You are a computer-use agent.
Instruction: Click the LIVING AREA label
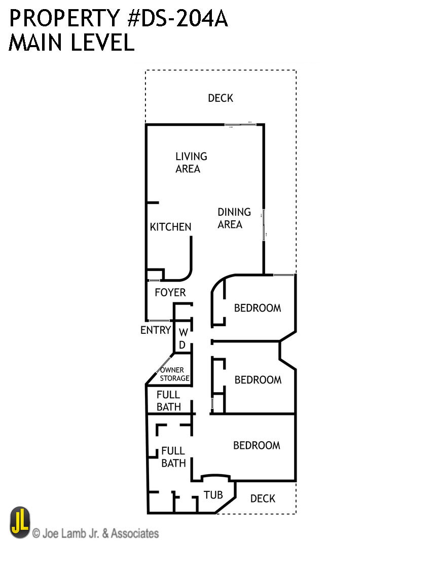(191, 163)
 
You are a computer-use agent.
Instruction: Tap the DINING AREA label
(234, 218)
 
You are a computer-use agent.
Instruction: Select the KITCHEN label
(170, 227)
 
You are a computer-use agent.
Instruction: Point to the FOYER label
(170, 292)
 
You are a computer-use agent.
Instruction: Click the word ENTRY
(155, 330)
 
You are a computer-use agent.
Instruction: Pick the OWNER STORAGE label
(174, 374)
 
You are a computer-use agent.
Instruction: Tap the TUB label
(213, 494)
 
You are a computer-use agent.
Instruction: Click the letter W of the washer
(184, 332)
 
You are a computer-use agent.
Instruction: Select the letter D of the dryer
(184, 344)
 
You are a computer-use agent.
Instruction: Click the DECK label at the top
(221, 98)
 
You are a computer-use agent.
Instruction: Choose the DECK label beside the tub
(263, 499)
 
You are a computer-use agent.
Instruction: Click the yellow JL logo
(20, 523)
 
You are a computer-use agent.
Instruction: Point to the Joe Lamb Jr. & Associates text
(96, 533)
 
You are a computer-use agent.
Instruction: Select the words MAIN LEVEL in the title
(71, 43)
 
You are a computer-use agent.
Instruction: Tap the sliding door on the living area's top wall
(244, 124)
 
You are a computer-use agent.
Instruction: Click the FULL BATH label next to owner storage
(168, 401)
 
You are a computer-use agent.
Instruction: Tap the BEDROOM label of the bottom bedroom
(257, 445)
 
